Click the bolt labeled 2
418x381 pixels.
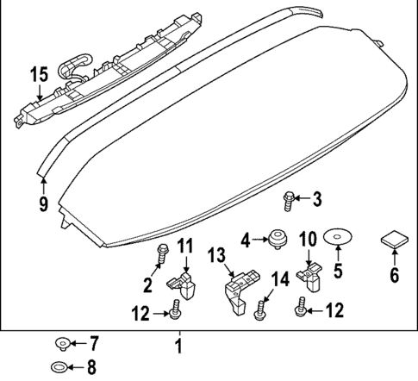tap(163, 253)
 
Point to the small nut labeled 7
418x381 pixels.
tap(61, 343)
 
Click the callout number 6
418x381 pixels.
tap(394, 277)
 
